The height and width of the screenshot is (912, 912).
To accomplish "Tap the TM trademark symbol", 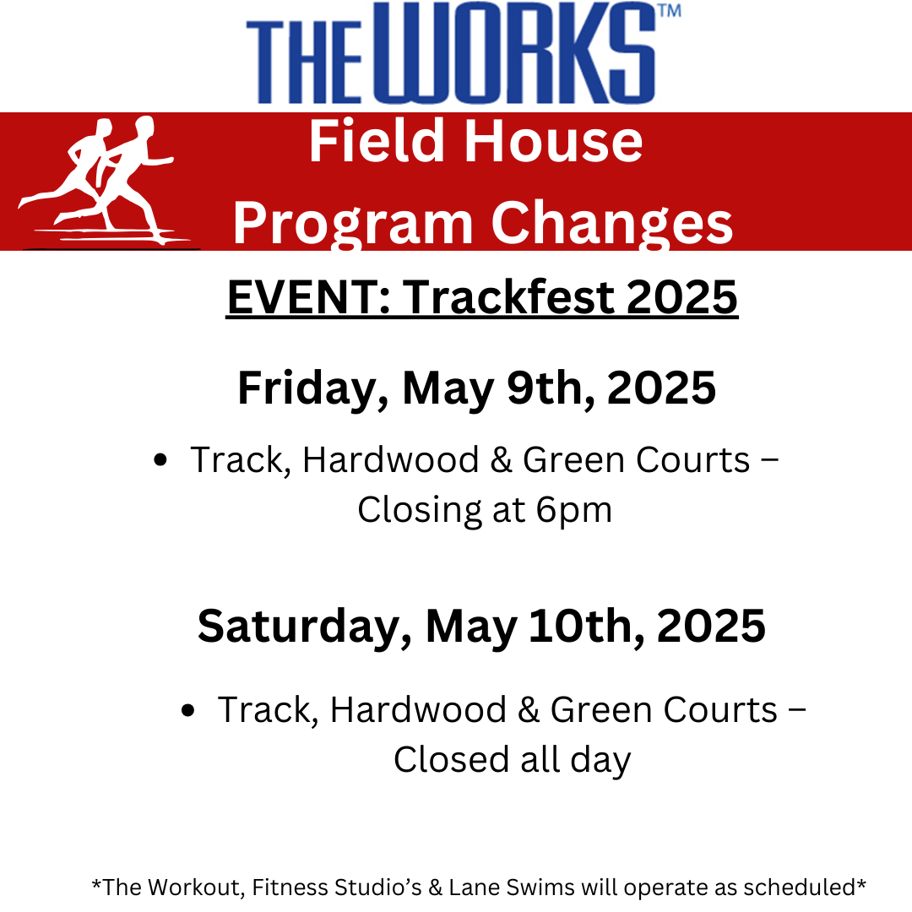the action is click(x=670, y=11).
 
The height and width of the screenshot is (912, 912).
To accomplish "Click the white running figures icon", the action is click(x=105, y=182).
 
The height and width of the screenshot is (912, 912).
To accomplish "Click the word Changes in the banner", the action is click(x=612, y=224).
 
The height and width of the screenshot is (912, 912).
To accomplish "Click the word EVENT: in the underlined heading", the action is click(x=308, y=297).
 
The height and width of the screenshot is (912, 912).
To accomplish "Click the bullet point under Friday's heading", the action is click(x=160, y=460).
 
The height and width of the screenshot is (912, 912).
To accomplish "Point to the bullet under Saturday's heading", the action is click(x=187, y=710).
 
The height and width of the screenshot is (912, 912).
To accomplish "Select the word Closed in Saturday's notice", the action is click(x=451, y=759).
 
